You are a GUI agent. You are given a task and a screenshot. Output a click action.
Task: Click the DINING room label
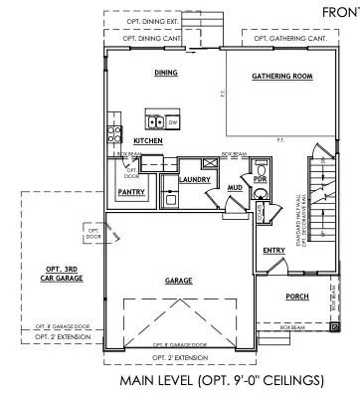(x=165, y=73)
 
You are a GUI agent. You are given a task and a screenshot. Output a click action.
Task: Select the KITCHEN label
(x=148, y=141)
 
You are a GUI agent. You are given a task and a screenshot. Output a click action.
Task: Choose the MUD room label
(x=236, y=186)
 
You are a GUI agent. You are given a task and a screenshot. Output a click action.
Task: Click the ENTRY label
(x=273, y=251)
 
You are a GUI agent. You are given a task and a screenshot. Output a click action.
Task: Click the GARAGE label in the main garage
(x=179, y=281)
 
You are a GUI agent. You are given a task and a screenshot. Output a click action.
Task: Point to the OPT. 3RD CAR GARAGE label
(x=64, y=274)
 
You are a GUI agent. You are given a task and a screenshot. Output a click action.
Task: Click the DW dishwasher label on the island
(x=172, y=121)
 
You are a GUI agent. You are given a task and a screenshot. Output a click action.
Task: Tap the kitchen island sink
(x=156, y=122)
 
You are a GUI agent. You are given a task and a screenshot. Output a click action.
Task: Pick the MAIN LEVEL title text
(x=222, y=380)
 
